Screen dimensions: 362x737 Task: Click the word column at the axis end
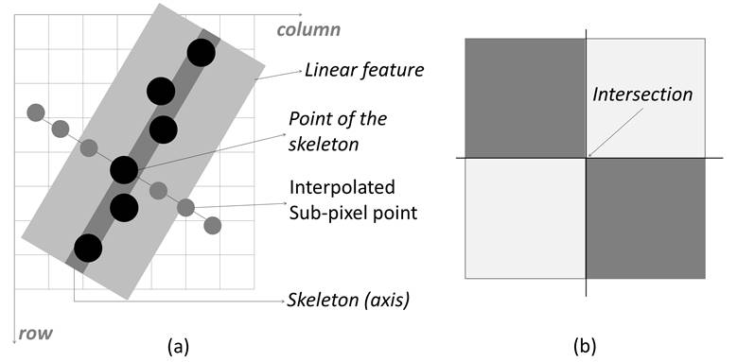[x=308, y=29]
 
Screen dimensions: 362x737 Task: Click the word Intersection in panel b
[x=643, y=95]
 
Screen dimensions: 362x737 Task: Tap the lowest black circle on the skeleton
[x=88, y=248]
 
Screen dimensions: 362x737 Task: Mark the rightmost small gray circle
[x=213, y=225]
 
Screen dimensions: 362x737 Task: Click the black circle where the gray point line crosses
[x=124, y=170]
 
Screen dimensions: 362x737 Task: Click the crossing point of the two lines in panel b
[x=587, y=158]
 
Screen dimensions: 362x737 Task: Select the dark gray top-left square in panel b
[x=525, y=98]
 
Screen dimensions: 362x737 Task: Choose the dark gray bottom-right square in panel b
[x=646, y=218]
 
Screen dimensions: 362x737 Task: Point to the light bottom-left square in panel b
[x=525, y=218]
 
